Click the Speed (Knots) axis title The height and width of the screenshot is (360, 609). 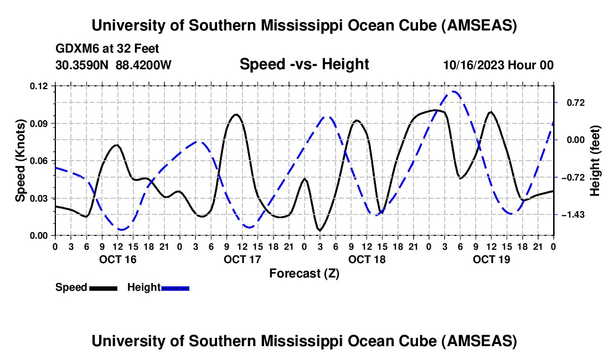pos(20,161)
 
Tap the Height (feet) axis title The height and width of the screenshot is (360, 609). pos(595,161)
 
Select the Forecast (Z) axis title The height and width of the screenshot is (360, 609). pos(304,273)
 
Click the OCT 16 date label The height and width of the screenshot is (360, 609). pos(117,259)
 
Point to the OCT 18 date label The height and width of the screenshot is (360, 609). pos(367,259)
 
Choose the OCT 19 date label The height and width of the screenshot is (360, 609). pos(491,259)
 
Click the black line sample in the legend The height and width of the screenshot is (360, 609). pos(103,288)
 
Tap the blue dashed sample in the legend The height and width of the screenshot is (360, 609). pos(175,288)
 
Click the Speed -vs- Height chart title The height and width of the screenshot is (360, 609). pos(304,65)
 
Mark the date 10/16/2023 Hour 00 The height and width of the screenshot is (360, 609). pos(498,65)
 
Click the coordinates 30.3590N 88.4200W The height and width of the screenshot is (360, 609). pos(113,65)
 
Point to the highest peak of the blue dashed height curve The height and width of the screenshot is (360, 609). pos(454,92)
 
